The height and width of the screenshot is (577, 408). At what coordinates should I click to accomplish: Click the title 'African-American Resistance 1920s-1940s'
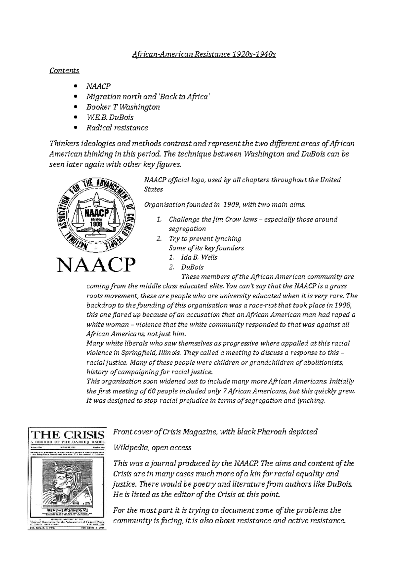point(204,54)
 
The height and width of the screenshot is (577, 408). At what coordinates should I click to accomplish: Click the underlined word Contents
point(64,71)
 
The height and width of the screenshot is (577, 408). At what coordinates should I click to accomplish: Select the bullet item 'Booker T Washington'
point(123,107)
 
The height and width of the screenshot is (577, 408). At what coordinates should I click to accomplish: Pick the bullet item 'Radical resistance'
point(117,128)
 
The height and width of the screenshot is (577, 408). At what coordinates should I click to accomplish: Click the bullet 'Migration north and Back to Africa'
point(149,97)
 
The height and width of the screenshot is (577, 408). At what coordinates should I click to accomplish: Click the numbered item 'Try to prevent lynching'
point(205,239)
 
